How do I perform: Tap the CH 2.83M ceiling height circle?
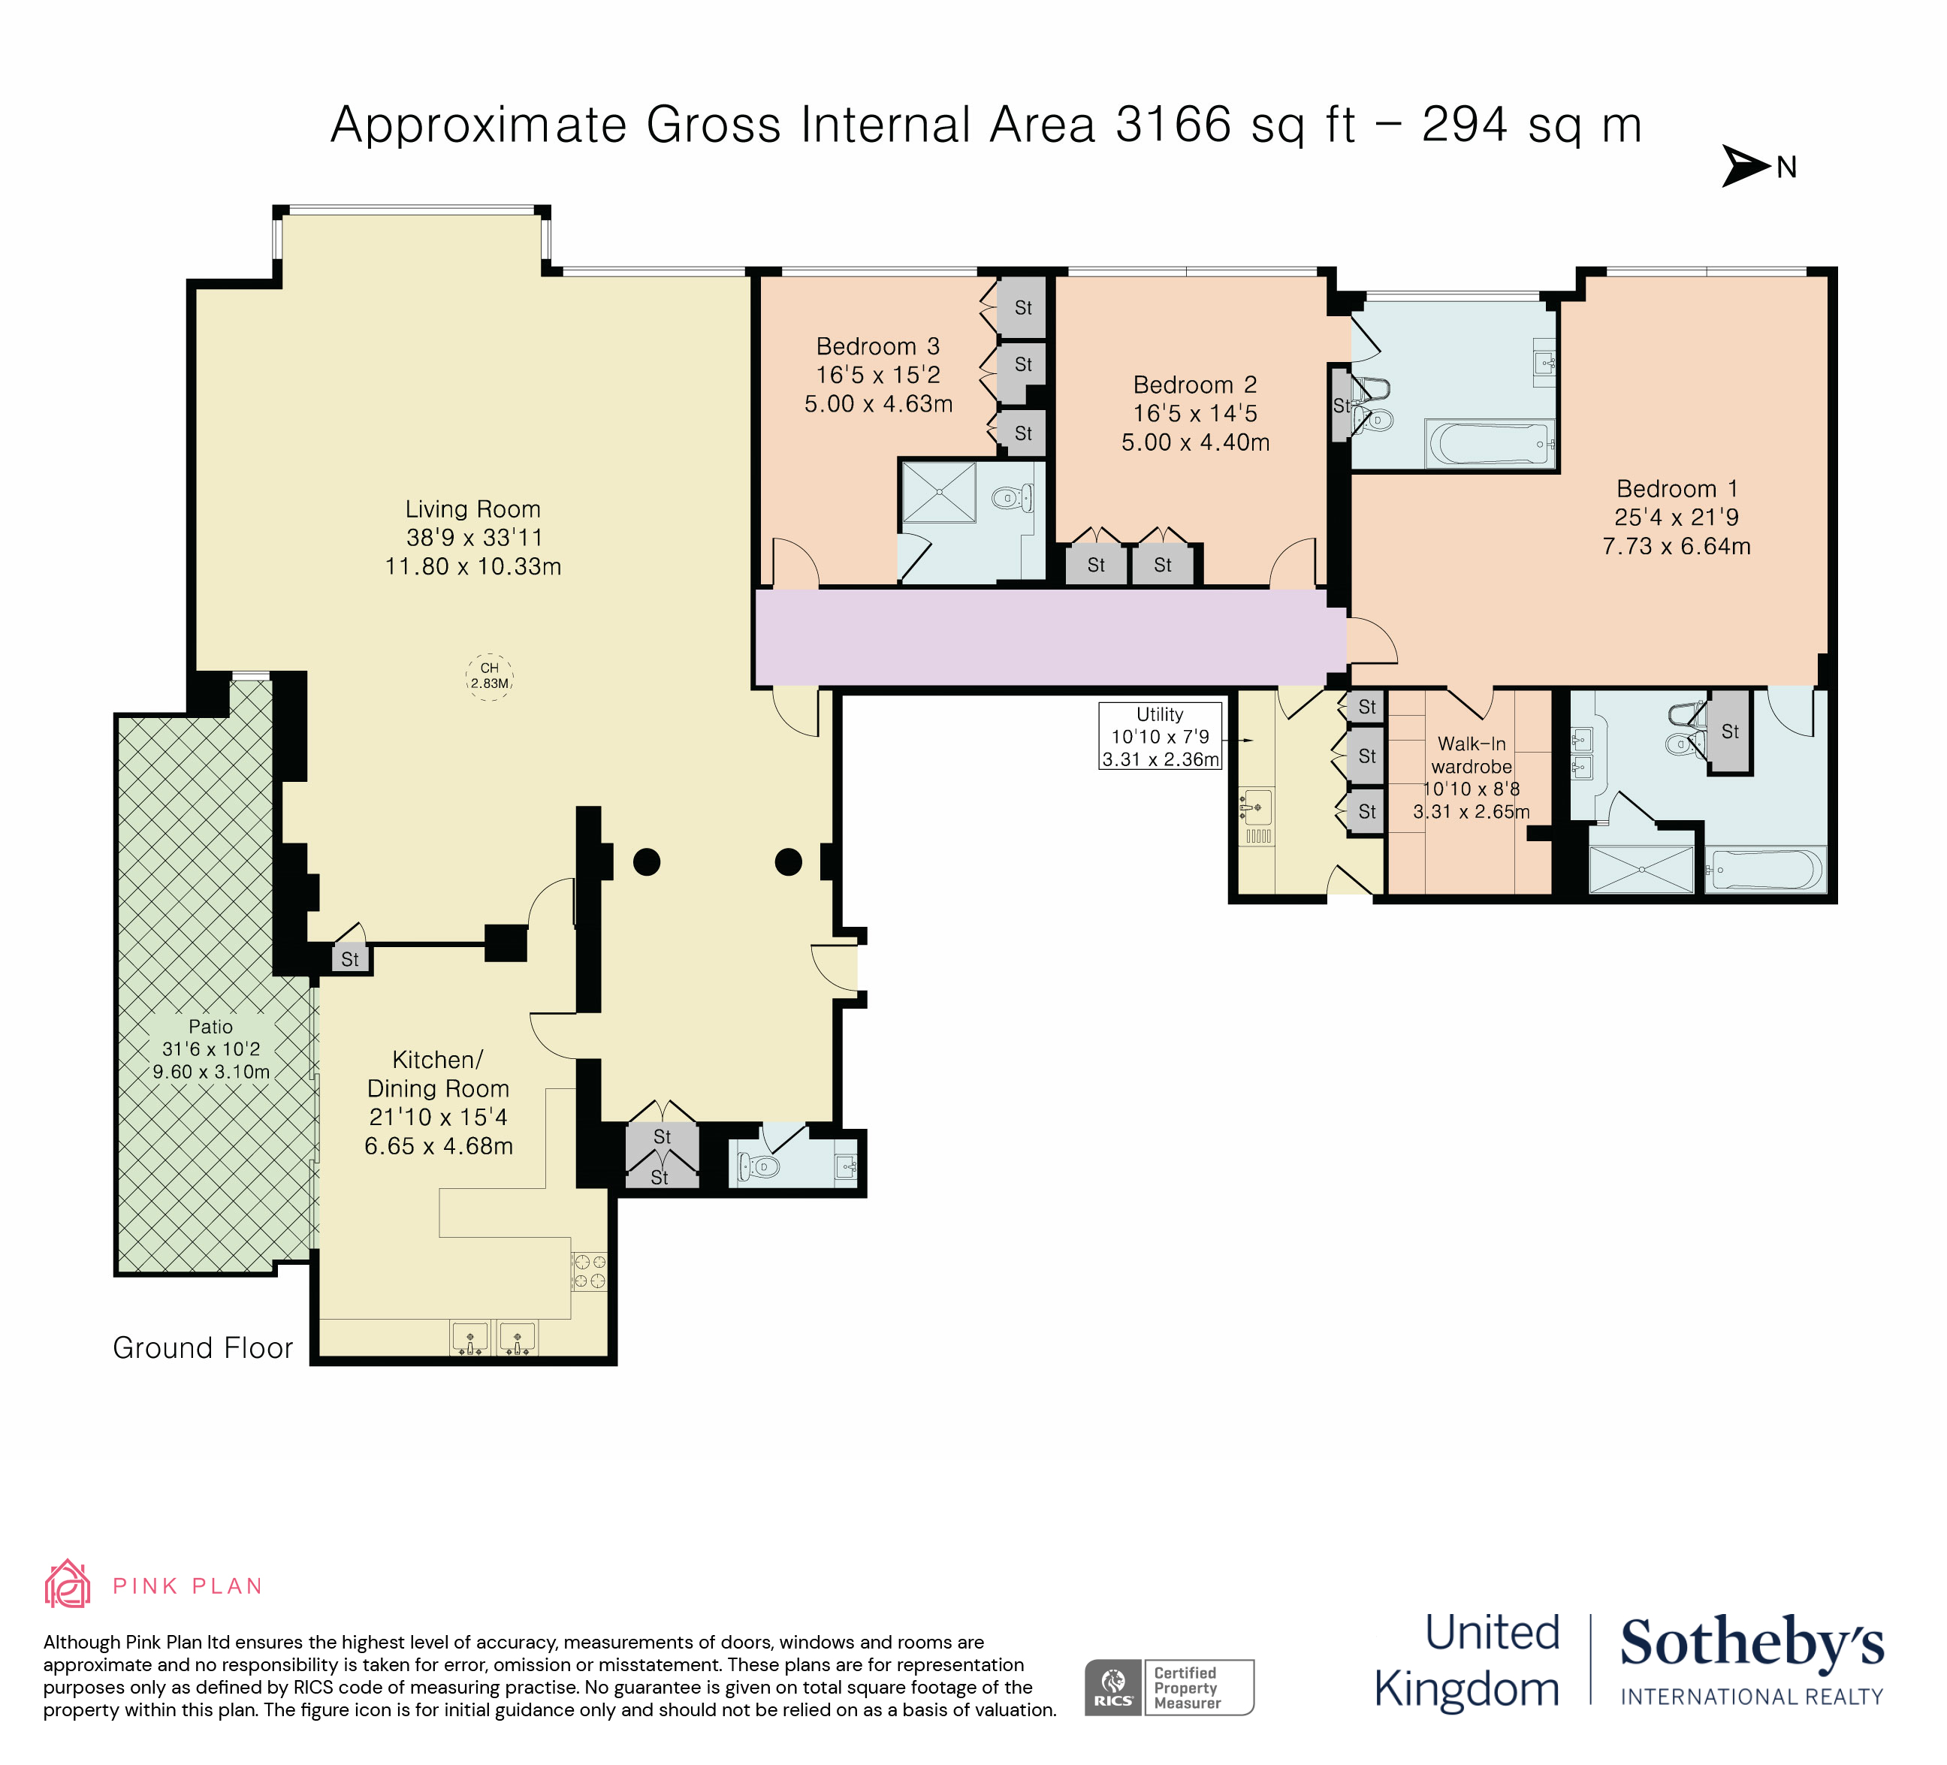490,676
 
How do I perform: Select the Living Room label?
472,508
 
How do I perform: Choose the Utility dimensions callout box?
1160,737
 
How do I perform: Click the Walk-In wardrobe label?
1471,755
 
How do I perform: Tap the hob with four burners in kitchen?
589,1272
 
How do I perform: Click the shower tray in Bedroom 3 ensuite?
939,493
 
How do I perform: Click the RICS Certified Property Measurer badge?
1169,1687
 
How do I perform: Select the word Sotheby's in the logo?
1751,1643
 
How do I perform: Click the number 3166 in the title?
1173,125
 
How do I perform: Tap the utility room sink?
1257,805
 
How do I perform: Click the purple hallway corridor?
1048,638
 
